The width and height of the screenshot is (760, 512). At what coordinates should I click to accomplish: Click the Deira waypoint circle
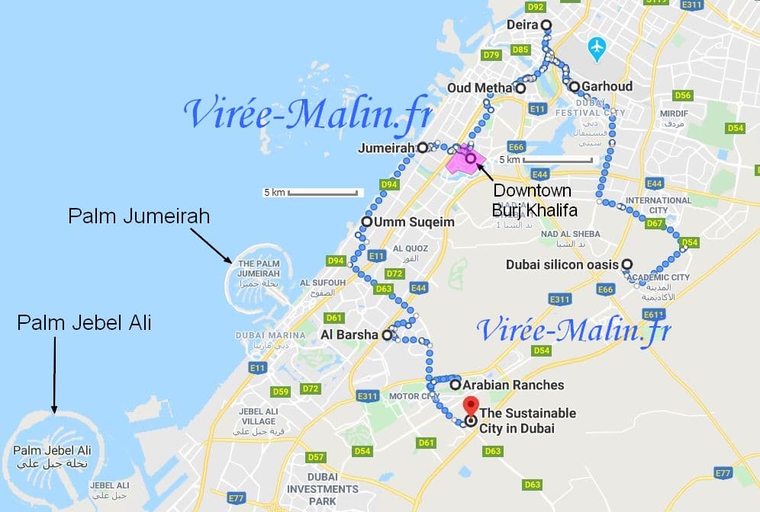546,25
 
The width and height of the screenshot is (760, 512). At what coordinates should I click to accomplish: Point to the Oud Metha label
480,88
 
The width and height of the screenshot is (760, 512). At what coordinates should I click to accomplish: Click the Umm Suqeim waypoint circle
367,223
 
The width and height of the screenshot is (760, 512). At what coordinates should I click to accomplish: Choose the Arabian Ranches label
513,385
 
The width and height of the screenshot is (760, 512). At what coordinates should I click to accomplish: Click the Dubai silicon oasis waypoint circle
626,264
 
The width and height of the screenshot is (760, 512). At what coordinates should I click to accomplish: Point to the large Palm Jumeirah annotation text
139,217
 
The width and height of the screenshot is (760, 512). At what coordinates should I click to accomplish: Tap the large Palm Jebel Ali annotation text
84,323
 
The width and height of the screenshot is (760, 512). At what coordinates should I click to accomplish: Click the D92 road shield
536,7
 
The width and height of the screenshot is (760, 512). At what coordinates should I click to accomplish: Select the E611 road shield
653,314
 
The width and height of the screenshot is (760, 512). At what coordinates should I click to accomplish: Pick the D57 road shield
315,457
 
